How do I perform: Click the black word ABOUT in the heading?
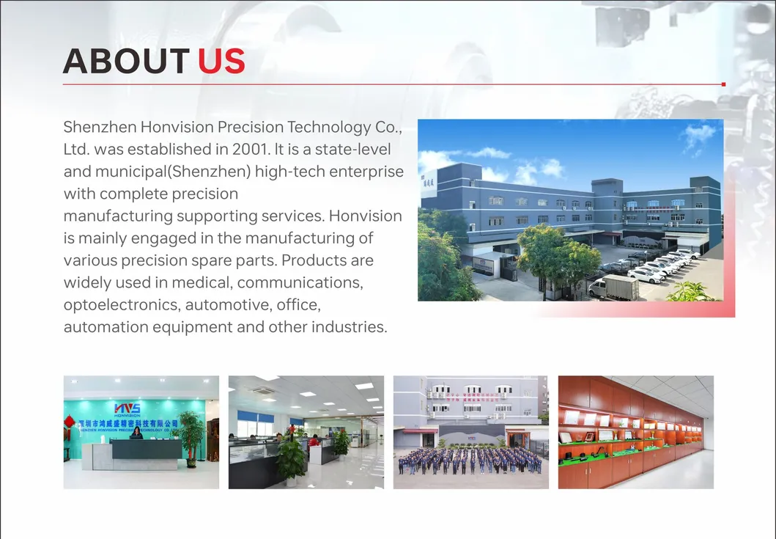click(x=126, y=62)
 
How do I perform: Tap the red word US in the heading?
click(x=221, y=62)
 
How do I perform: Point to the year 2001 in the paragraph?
click(x=251, y=150)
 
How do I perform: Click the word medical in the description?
click(x=202, y=282)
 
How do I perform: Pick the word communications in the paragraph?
click(x=300, y=282)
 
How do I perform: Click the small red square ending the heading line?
click(x=723, y=84)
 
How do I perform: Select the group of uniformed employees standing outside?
click(x=470, y=460)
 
